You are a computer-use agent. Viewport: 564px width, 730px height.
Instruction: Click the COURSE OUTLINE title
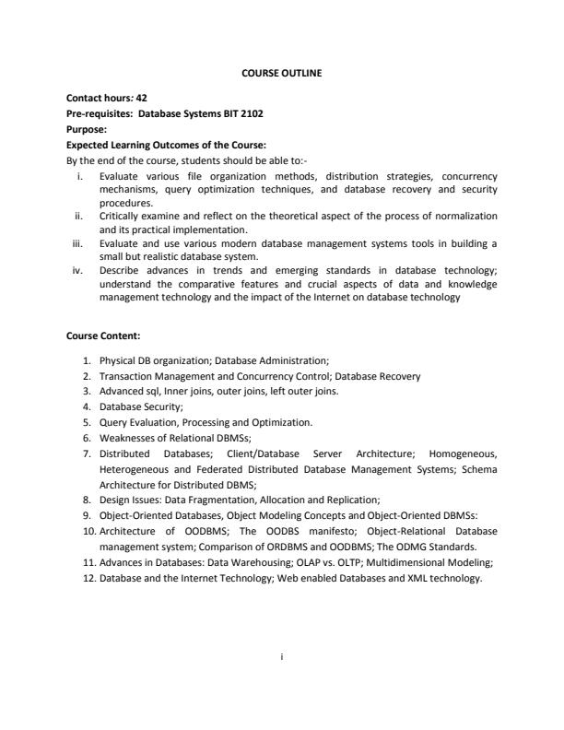point(282,72)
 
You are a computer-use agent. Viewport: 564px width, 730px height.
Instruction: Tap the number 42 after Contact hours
point(142,97)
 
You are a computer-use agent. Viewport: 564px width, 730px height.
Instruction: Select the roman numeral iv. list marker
point(80,270)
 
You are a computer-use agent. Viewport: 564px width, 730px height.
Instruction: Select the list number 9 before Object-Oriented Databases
point(88,515)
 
